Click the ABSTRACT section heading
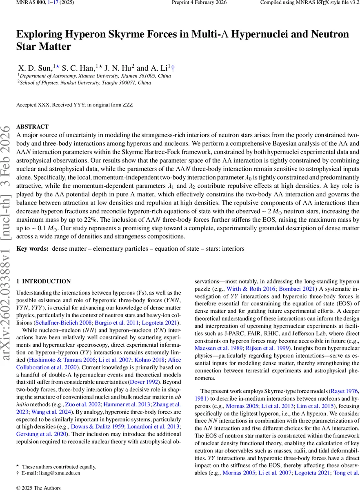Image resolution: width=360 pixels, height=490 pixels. click(x=32, y=127)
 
